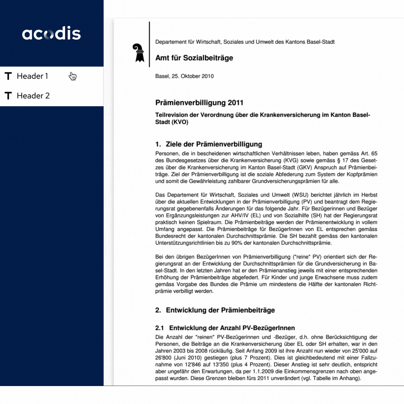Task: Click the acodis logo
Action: tap(51, 34)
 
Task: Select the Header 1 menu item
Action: tap(32, 76)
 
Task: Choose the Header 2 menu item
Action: tap(33, 96)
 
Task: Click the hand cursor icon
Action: tap(73, 77)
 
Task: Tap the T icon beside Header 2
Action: tap(8, 96)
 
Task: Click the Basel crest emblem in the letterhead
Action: tap(139, 52)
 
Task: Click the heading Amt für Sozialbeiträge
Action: tap(194, 58)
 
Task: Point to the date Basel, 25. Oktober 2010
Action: tap(184, 76)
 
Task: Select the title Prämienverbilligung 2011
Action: tap(199, 103)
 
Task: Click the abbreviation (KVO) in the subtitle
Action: tap(180, 122)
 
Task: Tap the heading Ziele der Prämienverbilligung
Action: tap(214, 144)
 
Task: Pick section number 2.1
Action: tap(160, 328)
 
